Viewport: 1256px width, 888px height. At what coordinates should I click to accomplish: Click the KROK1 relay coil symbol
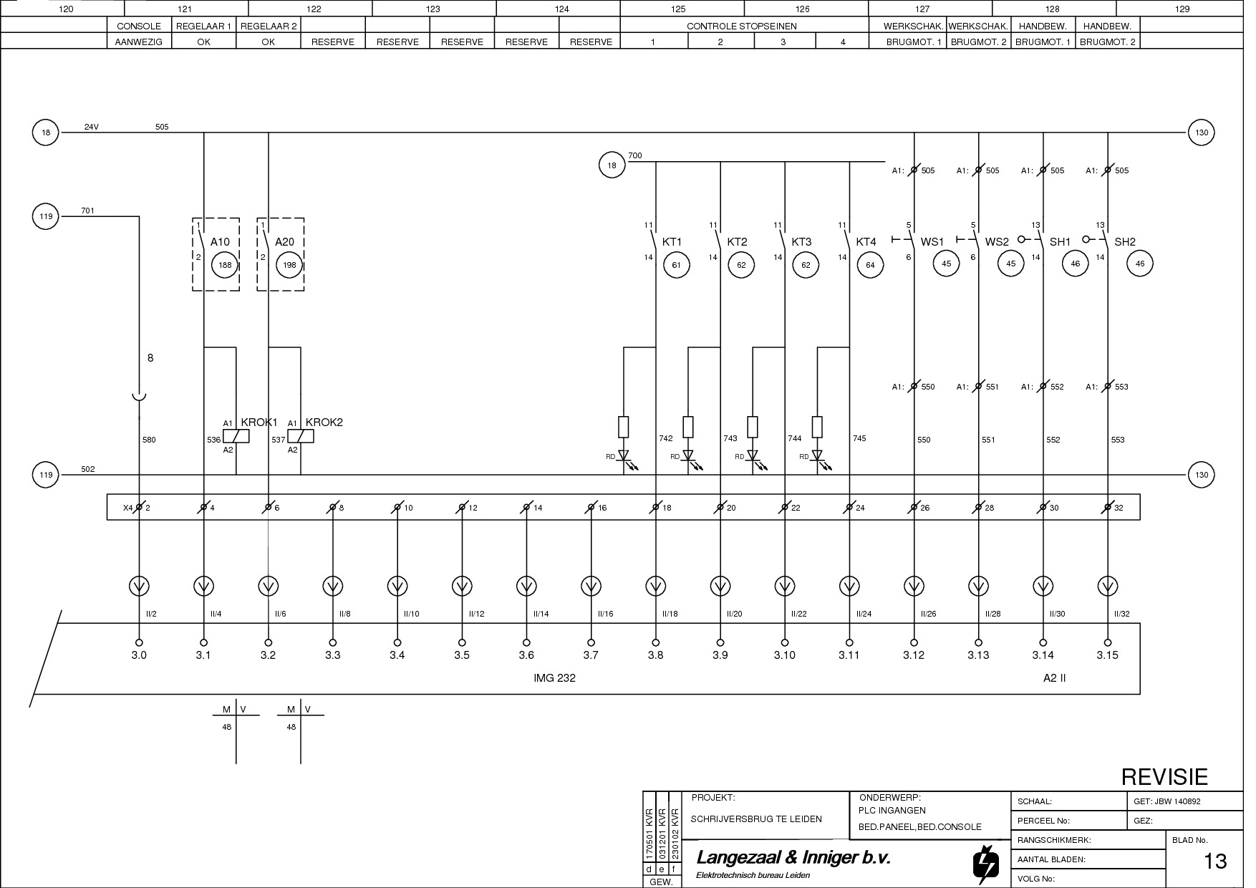click(236, 436)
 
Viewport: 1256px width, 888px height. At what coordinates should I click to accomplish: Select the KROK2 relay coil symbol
click(301, 436)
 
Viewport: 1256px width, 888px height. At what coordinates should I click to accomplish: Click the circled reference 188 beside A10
click(225, 265)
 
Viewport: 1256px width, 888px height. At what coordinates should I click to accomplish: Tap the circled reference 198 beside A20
click(289, 265)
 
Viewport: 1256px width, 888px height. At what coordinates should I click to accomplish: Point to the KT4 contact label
click(866, 242)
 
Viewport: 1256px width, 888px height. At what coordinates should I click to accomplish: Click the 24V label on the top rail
click(92, 127)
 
